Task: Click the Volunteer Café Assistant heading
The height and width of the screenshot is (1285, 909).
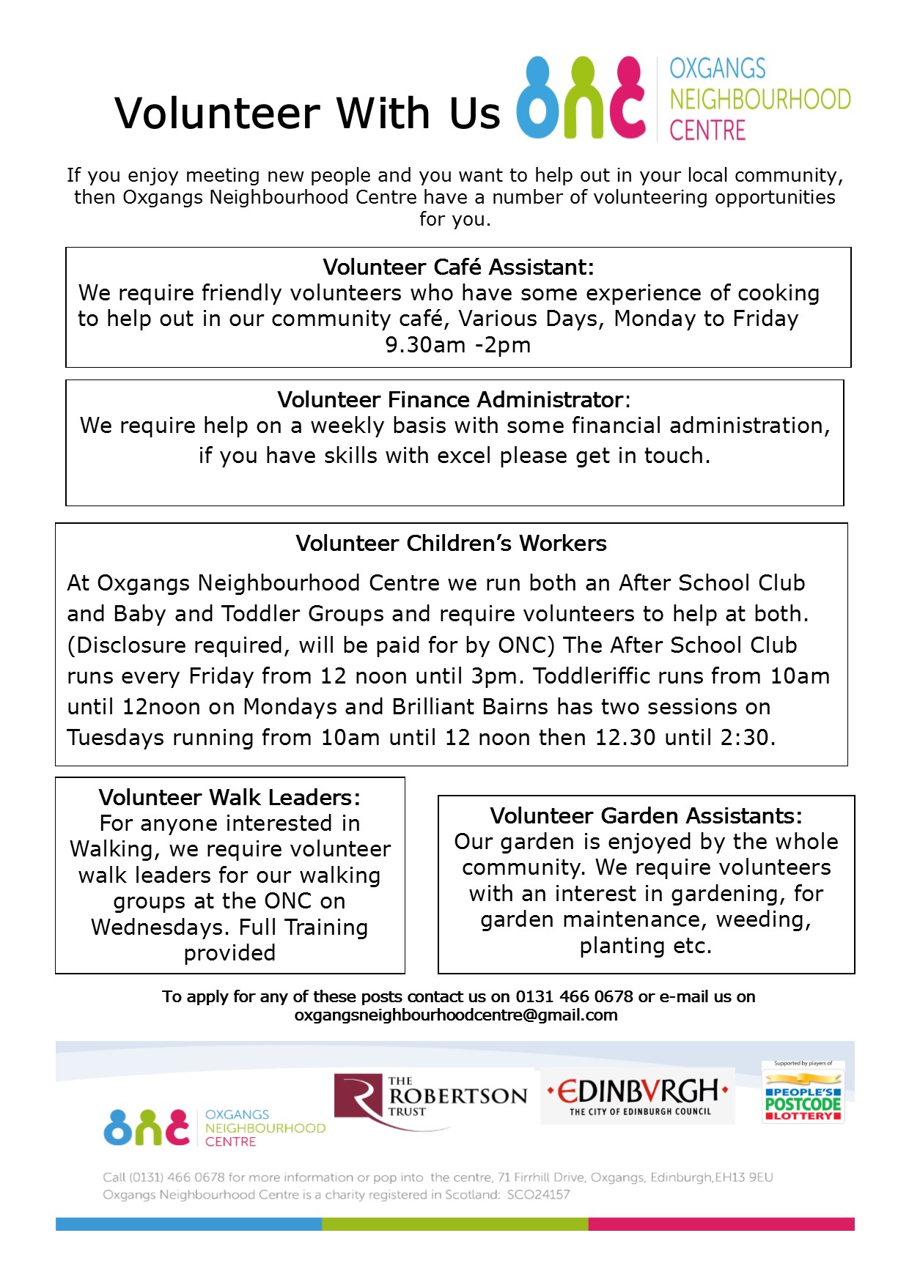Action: [x=458, y=267]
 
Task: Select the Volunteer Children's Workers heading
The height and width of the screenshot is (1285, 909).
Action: [x=451, y=544]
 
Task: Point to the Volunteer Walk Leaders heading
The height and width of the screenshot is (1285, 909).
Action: [x=229, y=798]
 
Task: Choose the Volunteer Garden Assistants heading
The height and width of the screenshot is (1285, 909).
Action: [x=646, y=816]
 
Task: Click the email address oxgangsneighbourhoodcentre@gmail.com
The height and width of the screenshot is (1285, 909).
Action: [x=456, y=1015]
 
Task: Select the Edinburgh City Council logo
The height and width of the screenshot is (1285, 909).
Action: [x=638, y=1097]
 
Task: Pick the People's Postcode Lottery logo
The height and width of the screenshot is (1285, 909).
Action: [x=803, y=1095]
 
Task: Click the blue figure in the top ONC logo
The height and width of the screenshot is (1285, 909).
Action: [x=539, y=99]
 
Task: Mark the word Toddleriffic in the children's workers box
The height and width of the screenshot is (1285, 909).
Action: [x=593, y=676]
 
